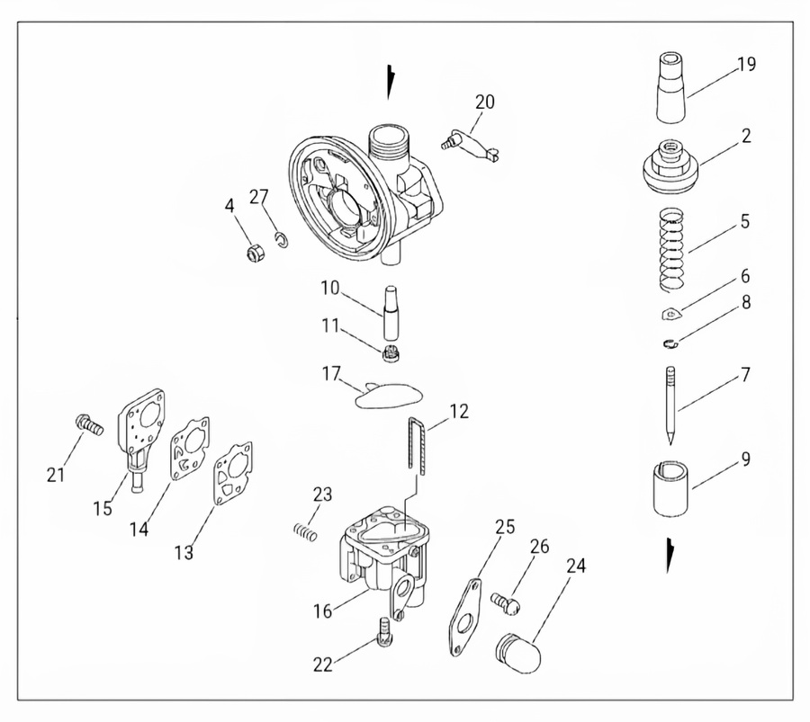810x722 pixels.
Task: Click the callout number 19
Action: coord(746,65)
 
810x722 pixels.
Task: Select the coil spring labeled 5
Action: coord(675,248)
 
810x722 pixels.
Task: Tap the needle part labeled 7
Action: coord(670,406)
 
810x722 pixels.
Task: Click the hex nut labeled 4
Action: coord(254,252)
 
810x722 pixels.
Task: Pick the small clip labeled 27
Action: coord(282,240)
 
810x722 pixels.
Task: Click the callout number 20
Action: coord(485,102)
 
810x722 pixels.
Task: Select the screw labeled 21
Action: coord(89,424)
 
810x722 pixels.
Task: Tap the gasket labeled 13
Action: coord(233,473)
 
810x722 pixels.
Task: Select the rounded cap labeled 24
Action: coord(517,653)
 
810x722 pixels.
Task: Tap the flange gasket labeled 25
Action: coord(465,617)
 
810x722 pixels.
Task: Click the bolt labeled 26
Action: coord(505,602)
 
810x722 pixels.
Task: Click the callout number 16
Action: coord(323,611)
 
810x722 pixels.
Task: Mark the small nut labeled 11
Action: coord(391,353)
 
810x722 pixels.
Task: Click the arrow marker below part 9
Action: coord(670,556)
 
